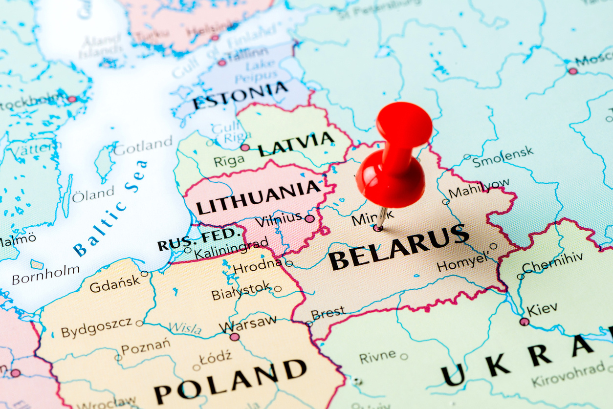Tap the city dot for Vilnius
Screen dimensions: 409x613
pos(309,218)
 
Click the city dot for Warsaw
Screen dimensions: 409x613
pos(235,337)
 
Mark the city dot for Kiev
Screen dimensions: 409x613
pos(524,322)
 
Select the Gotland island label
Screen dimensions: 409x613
pos(143,145)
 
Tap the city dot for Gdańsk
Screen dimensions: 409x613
pos(144,274)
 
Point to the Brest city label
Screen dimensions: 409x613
pos(328,313)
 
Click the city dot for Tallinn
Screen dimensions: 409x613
pos(222,63)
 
